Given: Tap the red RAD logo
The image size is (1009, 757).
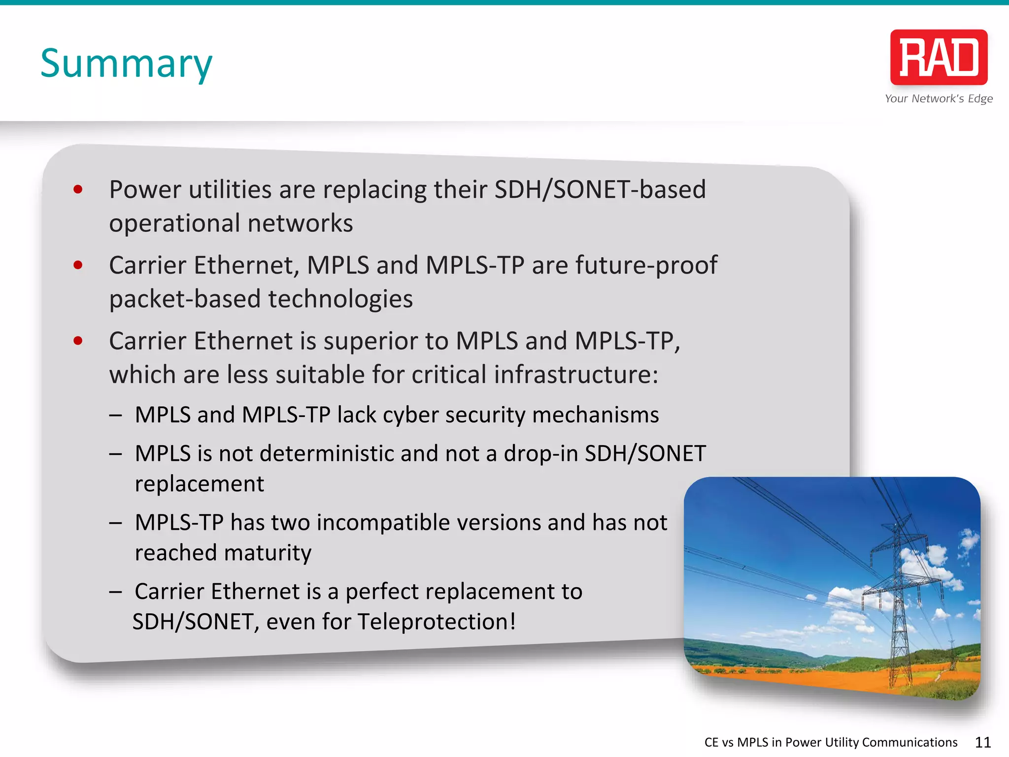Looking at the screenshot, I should tap(939, 57).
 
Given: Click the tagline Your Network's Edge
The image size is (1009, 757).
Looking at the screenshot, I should tap(939, 99).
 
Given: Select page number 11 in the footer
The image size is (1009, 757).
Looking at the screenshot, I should tap(982, 742).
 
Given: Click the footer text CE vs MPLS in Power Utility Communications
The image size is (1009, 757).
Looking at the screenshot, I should tap(831, 742).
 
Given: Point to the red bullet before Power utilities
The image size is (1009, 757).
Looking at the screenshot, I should tap(78, 189).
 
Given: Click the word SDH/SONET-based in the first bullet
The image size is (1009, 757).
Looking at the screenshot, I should tap(600, 189).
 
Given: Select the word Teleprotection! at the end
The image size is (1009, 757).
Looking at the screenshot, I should tap(437, 622).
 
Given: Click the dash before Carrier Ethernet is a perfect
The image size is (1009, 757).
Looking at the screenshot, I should tap(116, 591).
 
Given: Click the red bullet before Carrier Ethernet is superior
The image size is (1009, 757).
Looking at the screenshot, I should tap(78, 341).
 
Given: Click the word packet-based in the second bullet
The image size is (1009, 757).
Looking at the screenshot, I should tap(185, 300).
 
